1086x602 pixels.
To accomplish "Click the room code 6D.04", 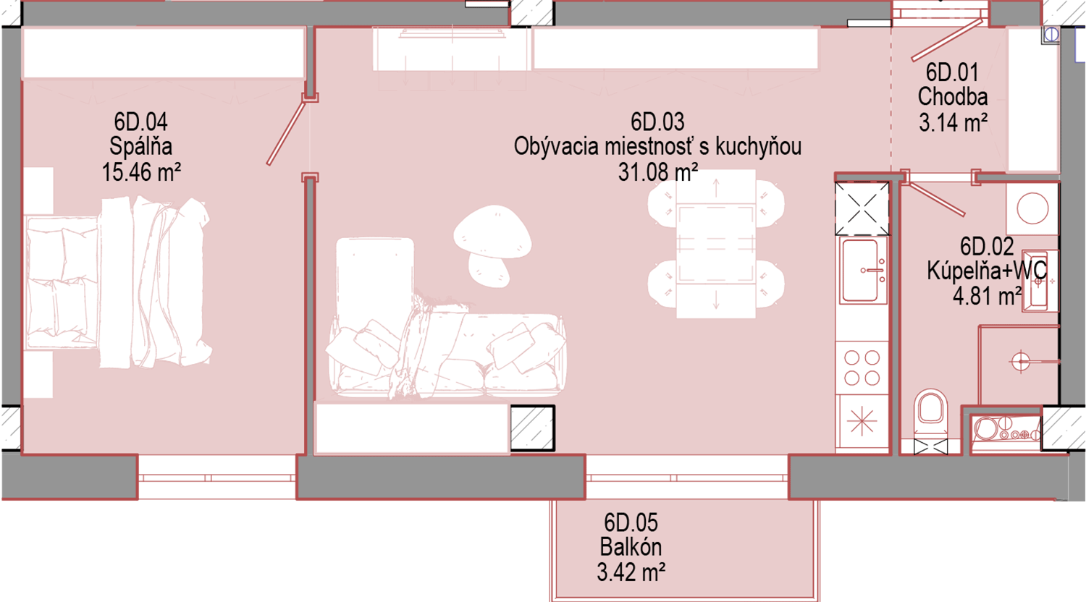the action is tap(140, 122).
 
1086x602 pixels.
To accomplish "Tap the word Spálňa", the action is tap(140, 146).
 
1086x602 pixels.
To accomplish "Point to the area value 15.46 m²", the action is tap(141, 172).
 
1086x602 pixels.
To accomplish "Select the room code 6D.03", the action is tap(657, 122).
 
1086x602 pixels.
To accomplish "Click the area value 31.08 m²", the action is tap(658, 172).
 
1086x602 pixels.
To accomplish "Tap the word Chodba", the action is tap(953, 96).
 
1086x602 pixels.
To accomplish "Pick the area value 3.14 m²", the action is tap(954, 122).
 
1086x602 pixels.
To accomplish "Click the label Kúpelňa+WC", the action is tap(987, 271).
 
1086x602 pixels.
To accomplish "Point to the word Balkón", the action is tap(631, 547).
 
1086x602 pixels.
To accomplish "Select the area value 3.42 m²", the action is tap(631, 572).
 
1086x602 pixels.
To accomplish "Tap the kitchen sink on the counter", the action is tap(862, 271).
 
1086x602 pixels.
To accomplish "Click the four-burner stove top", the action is tap(862, 368).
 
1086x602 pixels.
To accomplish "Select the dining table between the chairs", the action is tap(716, 244).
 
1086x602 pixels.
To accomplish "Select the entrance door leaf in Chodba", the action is tap(948, 41).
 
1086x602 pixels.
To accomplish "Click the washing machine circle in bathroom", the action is tap(1032, 208).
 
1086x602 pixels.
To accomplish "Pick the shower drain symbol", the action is tap(1021, 362).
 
